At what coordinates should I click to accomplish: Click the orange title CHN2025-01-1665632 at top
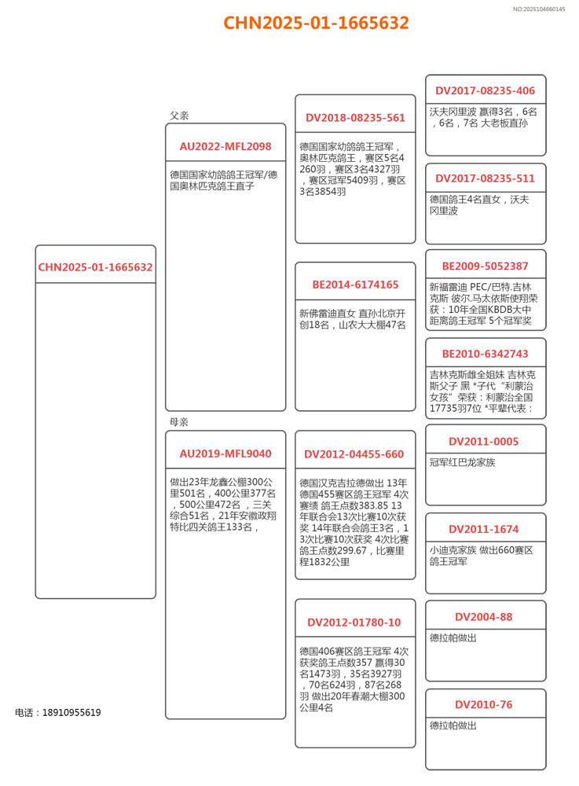click(x=316, y=23)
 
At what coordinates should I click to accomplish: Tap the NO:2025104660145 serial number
click(x=539, y=9)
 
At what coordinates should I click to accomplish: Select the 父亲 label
click(x=179, y=116)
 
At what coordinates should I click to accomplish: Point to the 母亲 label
click(x=179, y=422)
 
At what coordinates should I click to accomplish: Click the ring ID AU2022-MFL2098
click(x=225, y=146)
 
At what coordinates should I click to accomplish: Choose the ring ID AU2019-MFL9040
click(x=225, y=454)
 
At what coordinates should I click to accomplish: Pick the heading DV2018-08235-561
click(x=355, y=118)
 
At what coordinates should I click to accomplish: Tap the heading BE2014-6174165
click(x=355, y=285)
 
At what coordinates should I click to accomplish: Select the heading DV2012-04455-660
click(x=355, y=454)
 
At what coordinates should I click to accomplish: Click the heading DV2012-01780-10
click(x=355, y=623)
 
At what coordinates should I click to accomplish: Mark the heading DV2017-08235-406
click(x=486, y=90)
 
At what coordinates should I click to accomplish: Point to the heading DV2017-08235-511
click(x=486, y=178)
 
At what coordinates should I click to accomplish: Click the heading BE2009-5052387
click(x=486, y=266)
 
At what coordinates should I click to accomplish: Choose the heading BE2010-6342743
click(x=486, y=354)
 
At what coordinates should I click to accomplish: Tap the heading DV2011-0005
click(x=486, y=442)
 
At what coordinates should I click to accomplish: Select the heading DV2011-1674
click(x=486, y=529)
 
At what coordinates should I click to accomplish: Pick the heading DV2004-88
click(x=486, y=617)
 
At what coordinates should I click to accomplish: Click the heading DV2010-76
click(x=486, y=704)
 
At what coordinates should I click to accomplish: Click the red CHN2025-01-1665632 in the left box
click(x=96, y=267)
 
